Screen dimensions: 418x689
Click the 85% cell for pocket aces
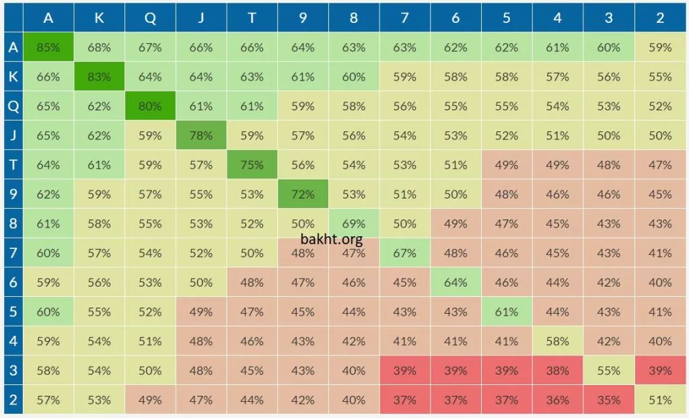(x=48, y=48)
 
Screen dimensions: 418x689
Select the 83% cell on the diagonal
(x=99, y=77)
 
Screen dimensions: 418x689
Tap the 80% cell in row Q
(x=150, y=106)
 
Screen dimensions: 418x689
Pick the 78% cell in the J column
(x=201, y=135)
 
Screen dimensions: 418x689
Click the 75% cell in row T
(x=252, y=165)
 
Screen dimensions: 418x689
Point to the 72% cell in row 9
(x=303, y=195)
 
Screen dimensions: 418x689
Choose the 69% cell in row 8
(x=354, y=223)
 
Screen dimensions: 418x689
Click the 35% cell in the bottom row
(x=608, y=400)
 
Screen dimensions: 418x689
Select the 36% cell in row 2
(x=557, y=400)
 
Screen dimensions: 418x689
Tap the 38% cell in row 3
(x=557, y=371)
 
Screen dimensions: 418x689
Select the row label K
(x=12, y=77)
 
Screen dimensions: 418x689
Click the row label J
(x=12, y=135)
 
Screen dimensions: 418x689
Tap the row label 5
(x=12, y=312)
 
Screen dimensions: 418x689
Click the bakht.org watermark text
(x=332, y=239)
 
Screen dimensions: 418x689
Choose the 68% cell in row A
(x=99, y=48)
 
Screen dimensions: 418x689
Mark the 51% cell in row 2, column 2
(x=660, y=400)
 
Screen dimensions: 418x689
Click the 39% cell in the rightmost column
(x=660, y=371)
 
